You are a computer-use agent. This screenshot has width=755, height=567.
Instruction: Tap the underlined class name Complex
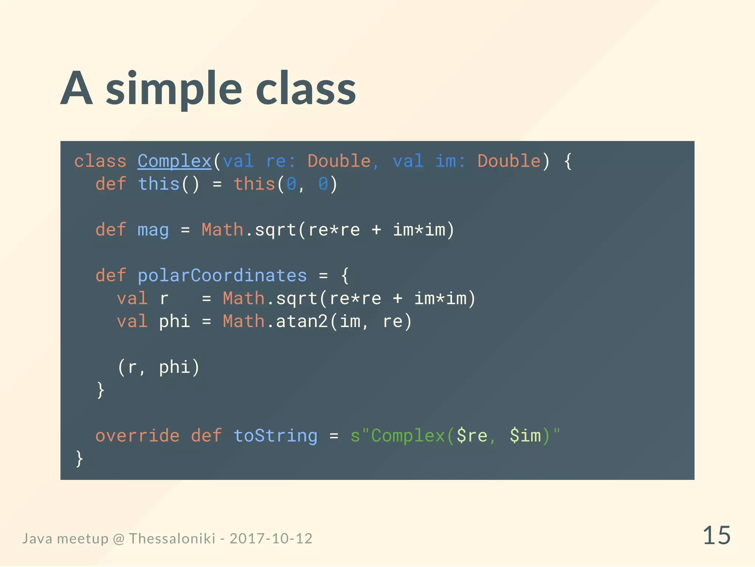(174, 161)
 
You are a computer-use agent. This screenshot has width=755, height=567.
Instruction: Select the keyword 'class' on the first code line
(100, 161)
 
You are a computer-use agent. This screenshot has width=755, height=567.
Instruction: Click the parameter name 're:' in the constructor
(281, 161)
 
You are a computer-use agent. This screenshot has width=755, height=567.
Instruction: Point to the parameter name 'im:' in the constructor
(450, 161)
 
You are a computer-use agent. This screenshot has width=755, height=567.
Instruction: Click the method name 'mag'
(153, 230)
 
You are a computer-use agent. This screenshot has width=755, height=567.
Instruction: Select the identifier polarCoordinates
(222, 275)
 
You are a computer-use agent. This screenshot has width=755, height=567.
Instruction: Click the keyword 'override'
(137, 436)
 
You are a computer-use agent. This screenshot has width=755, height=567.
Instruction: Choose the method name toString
(275, 436)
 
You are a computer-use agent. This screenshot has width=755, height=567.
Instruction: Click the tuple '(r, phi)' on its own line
(159, 367)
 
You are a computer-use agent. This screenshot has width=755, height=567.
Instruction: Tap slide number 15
(716, 536)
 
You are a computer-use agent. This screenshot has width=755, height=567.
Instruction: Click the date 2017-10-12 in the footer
(271, 539)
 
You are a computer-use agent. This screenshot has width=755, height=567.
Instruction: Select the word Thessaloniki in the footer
(172, 539)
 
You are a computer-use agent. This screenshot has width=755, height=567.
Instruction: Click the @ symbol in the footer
(119, 539)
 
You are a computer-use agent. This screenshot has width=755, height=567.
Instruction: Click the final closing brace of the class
(79, 458)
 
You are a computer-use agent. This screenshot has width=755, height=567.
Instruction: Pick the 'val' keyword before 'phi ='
(132, 321)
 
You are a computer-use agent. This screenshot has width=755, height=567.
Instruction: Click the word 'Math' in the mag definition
(222, 230)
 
